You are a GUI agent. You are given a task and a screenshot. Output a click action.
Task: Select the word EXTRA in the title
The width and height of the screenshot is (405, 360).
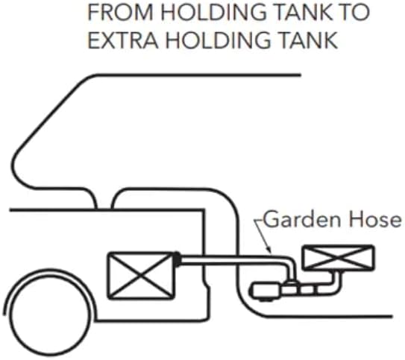click(x=123, y=40)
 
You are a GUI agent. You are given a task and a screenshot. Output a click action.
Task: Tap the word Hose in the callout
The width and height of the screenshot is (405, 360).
click(x=376, y=220)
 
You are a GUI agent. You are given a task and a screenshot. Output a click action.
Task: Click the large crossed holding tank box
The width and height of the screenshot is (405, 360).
click(x=141, y=276)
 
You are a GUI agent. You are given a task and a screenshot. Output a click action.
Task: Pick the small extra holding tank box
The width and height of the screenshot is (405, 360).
click(x=339, y=258)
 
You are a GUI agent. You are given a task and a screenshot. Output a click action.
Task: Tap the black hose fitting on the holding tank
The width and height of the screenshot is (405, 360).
click(x=178, y=259)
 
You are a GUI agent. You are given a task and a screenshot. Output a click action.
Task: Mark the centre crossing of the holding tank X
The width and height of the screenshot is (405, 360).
click(x=141, y=276)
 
